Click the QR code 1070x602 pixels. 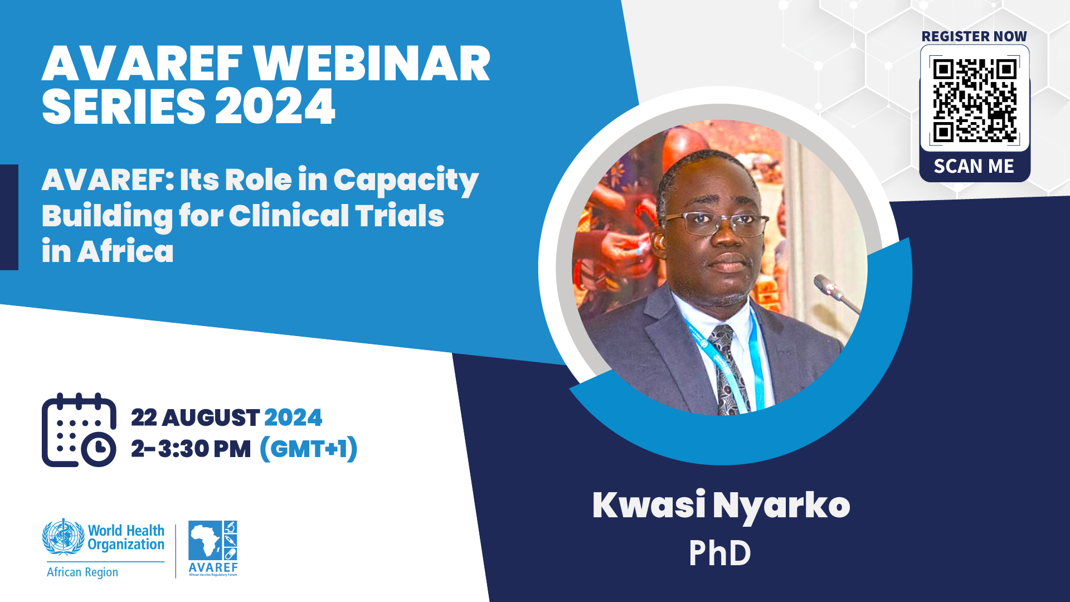(x=975, y=100)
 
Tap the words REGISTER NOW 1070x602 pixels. (x=974, y=36)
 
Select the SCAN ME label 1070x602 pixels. (x=974, y=166)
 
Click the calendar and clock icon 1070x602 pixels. (x=79, y=430)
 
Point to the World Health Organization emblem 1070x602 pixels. (x=64, y=537)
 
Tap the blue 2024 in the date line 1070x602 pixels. (x=293, y=417)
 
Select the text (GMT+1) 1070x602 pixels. (x=309, y=449)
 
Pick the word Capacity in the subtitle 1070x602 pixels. (x=406, y=181)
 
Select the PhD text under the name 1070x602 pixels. (x=720, y=554)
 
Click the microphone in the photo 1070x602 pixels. (x=836, y=293)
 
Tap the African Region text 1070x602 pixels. (x=82, y=572)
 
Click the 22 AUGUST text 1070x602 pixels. (x=195, y=417)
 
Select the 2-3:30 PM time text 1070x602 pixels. (x=191, y=449)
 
